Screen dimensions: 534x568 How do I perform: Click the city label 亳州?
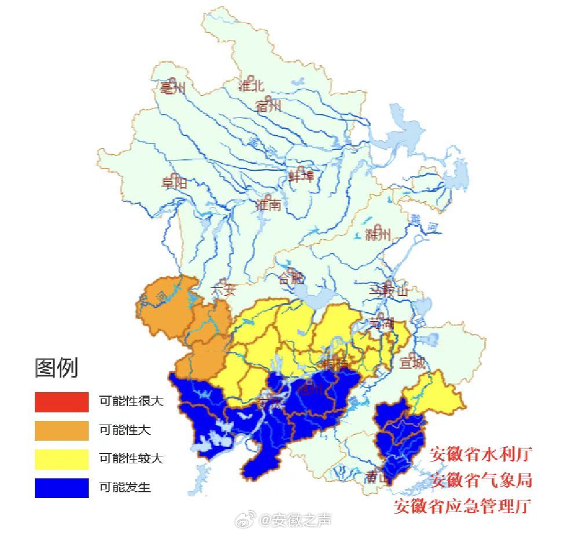click(x=172, y=88)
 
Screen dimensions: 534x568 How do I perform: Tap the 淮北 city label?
click(x=251, y=85)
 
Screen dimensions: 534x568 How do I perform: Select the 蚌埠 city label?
click(x=301, y=176)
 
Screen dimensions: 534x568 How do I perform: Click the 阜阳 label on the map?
click(x=174, y=182)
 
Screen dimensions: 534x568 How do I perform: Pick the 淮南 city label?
click(x=268, y=204)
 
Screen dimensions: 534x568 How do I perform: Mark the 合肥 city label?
click(x=292, y=277)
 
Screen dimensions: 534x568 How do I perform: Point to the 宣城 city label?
click(x=412, y=363)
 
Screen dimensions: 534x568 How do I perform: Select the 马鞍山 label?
click(x=389, y=291)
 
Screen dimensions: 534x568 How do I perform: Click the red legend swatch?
click(x=61, y=401)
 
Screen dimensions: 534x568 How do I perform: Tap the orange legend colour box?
click(x=61, y=430)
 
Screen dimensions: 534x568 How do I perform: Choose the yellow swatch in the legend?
click(x=61, y=459)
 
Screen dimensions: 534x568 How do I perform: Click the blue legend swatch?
click(x=61, y=488)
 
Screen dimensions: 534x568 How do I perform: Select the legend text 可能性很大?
click(x=131, y=401)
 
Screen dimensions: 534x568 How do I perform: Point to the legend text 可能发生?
click(x=125, y=488)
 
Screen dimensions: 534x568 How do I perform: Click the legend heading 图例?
click(x=56, y=368)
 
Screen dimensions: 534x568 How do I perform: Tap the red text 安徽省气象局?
click(x=481, y=480)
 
